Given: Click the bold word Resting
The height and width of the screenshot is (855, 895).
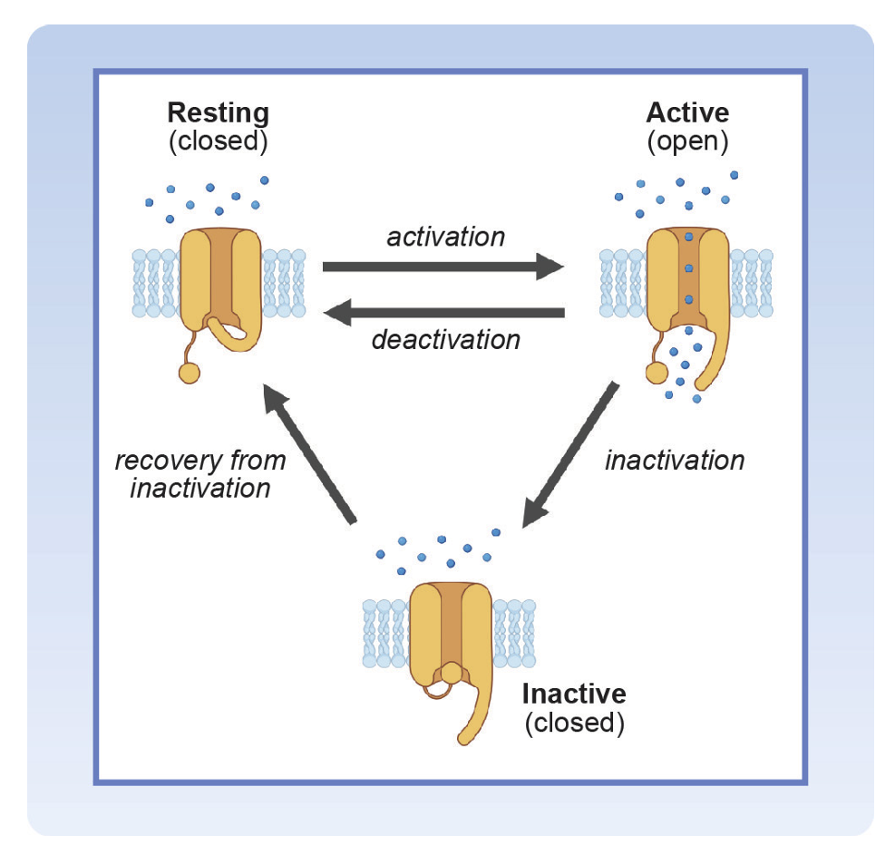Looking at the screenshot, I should [218, 113].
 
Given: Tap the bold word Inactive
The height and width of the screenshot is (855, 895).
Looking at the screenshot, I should [573, 695].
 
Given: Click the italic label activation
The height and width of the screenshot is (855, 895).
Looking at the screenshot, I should [445, 237].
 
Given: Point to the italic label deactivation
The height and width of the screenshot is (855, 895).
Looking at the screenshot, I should [445, 340].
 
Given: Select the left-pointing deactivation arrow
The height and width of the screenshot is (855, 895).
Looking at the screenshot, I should [444, 313].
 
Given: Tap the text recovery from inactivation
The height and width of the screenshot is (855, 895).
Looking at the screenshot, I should [200, 473].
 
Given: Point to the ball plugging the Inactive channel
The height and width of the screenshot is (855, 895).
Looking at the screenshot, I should [451, 674].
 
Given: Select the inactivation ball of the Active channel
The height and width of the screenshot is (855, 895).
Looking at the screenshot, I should [656, 372].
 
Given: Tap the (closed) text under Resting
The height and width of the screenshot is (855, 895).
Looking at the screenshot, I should [218, 141].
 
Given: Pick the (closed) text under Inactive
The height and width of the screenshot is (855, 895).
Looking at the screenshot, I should [573, 723].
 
